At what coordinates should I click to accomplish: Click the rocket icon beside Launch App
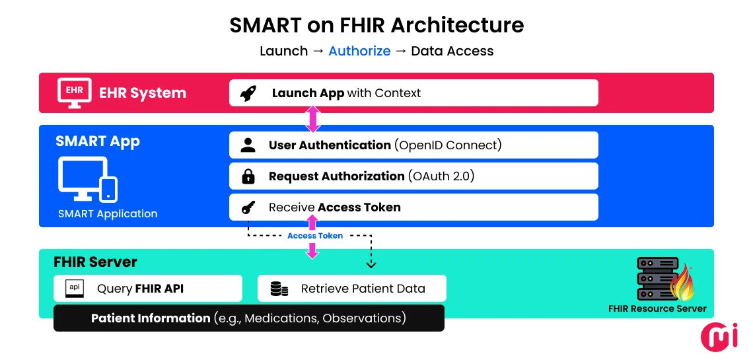(248, 93)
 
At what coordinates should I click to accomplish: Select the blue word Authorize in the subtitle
(359, 51)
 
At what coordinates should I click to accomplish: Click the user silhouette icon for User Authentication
(248, 145)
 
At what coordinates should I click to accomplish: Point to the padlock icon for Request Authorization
(248, 176)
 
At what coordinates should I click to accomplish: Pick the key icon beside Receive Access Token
(248, 208)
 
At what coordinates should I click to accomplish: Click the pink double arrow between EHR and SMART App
(312, 119)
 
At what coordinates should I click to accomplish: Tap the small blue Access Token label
(315, 236)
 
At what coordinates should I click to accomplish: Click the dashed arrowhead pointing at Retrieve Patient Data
(371, 264)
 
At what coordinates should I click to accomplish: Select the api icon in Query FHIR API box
(75, 289)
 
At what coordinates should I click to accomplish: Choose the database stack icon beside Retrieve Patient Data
(279, 289)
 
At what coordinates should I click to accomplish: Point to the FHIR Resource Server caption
(657, 308)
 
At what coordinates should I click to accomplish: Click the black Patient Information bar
(248, 318)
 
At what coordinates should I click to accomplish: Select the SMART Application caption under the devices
(108, 214)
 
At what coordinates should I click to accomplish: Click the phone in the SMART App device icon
(108, 188)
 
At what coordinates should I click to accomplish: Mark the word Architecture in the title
(457, 25)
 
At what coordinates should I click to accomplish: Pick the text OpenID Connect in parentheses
(448, 145)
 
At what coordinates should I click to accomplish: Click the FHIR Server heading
(95, 262)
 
